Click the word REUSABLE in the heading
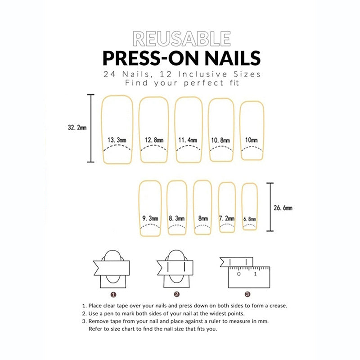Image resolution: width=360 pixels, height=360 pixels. tap(182, 39)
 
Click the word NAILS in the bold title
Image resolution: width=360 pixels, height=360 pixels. tap(233, 58)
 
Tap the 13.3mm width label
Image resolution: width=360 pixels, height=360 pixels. tap(117, 140)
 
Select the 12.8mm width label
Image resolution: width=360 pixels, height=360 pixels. tap(154, 140)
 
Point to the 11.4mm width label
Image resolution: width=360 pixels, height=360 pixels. tap(188, 140)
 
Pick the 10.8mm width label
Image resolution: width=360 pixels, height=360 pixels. tap(220, 140)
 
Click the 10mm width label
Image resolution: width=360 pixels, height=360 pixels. tap(252, 140)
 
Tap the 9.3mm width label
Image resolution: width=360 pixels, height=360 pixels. tap(150, 218)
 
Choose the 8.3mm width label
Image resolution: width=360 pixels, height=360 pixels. tap(176, 218)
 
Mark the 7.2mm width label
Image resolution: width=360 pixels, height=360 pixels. tap(227, 218)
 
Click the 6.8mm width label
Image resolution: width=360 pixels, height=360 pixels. tap(250, 219)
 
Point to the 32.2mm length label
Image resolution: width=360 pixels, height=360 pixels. tap(77, 127)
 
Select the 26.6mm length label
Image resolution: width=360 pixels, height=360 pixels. tap(283, 208)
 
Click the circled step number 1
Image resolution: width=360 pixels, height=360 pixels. tap(113, 295)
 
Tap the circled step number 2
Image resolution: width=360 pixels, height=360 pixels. tap(176, 294)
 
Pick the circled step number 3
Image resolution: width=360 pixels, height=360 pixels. tap(247, 294)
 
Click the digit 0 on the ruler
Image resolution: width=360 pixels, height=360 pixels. tap(239, 274)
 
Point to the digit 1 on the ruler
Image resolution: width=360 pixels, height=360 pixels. tap(255, 274)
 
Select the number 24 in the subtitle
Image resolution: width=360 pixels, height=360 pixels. tap(109, 74)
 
